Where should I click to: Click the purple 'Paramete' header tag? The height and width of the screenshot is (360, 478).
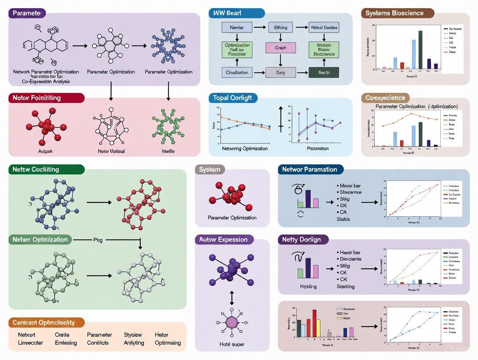(27, 13)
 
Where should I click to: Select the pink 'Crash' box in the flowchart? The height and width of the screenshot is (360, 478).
(281, 48)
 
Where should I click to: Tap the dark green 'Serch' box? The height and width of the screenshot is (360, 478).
(323, 72)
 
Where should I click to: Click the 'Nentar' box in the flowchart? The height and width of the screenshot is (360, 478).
(237, 28)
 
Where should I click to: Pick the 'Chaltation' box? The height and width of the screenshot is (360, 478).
(237, 72)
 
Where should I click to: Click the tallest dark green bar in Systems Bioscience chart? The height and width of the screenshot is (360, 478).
(420, 49)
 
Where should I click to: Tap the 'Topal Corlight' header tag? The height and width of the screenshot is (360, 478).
(233, 98)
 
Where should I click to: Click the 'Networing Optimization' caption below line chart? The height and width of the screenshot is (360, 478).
(245, 148)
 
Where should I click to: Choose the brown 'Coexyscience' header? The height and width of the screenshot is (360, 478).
(385, 98)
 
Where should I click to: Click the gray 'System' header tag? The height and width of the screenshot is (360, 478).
(210, 170)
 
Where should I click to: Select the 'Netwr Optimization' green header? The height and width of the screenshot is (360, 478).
(40, 240)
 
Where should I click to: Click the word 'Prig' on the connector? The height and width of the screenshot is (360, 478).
(98, 240)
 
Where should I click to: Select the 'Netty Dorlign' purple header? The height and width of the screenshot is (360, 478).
(303, 240)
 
